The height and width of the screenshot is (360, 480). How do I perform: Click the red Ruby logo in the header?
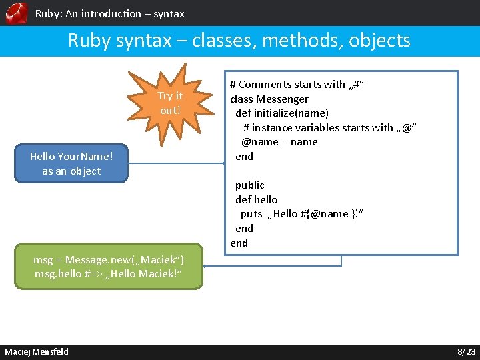[16, 13]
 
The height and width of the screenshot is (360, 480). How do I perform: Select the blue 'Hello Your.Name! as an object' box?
[71, 164]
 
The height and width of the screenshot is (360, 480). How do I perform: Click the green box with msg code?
[109, 266]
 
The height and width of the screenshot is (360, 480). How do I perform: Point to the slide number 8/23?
[466, 351]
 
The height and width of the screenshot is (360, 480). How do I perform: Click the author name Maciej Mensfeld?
[37, 351]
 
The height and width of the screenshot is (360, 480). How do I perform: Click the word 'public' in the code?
[249, 185]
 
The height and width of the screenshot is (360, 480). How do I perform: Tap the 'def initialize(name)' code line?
[281, 113]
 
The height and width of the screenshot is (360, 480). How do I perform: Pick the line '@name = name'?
[279, 141]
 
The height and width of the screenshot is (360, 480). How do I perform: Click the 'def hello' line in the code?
[256, 199]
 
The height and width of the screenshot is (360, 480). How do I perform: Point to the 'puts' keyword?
[251, 214]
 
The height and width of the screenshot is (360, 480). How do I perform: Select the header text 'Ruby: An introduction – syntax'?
[109, 13]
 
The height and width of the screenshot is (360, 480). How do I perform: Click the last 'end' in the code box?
[239, 243]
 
